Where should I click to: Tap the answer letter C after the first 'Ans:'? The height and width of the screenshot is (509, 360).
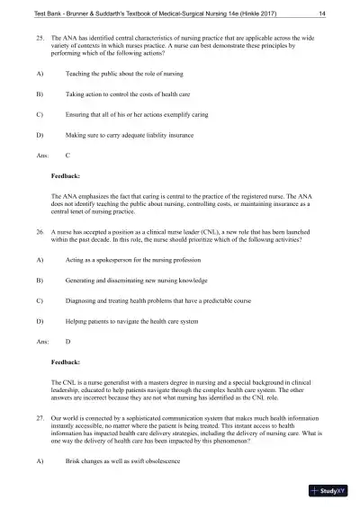(68, 154)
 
